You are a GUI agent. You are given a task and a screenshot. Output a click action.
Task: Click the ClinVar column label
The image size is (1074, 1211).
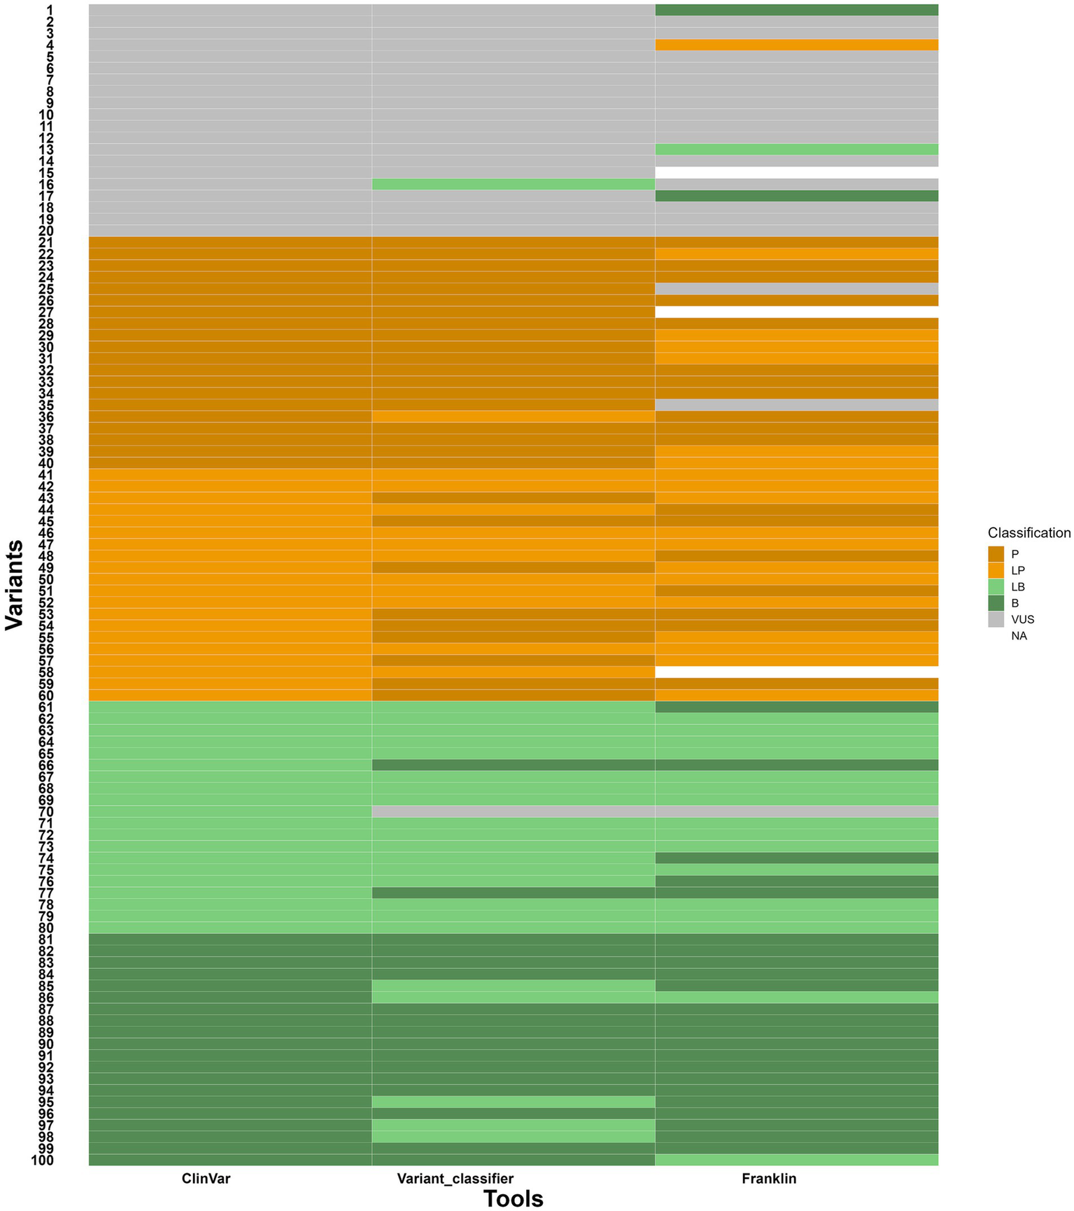point(206,1178)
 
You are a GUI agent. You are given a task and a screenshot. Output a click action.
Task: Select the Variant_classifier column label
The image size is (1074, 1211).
point(455,1178)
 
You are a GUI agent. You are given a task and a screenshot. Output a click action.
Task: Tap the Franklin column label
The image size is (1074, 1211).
point(769,1178)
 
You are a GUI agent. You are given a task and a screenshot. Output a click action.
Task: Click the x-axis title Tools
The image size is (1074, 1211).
point(513,1198)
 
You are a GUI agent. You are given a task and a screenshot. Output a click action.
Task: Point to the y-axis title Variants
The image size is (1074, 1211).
point(15,585)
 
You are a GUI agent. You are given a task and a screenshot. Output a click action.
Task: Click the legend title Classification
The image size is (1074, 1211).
point(1029,533)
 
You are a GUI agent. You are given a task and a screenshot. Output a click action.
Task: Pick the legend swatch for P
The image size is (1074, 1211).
point(996,554)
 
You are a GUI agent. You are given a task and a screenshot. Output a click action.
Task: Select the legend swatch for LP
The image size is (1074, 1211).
point(996,570)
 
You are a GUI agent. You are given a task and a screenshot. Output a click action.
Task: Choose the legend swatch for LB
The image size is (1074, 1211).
point(996,587)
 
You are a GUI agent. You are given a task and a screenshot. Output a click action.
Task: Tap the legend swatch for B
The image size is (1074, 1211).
point(996,603)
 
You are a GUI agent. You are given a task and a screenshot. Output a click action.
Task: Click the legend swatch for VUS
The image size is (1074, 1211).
point(996,619)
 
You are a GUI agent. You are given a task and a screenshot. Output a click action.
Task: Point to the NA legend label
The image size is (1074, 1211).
point(1019,636)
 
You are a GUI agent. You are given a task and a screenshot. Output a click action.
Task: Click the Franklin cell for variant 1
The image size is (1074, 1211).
point(796,10)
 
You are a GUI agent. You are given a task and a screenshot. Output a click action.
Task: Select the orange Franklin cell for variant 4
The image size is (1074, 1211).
point(796,45)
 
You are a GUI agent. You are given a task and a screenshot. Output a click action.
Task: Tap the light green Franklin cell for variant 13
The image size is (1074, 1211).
point(796,149)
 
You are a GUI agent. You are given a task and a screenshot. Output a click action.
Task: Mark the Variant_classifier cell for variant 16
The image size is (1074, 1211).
point(513,184)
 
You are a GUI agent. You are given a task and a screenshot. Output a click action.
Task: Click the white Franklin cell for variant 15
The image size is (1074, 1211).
point(796,172)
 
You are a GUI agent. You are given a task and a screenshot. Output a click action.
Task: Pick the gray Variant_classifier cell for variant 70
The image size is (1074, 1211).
point(513,812)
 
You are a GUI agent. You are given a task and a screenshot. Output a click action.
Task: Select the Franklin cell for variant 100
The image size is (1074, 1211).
point(796,1160)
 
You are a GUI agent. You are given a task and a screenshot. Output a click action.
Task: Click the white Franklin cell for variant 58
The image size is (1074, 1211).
point(796,672)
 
